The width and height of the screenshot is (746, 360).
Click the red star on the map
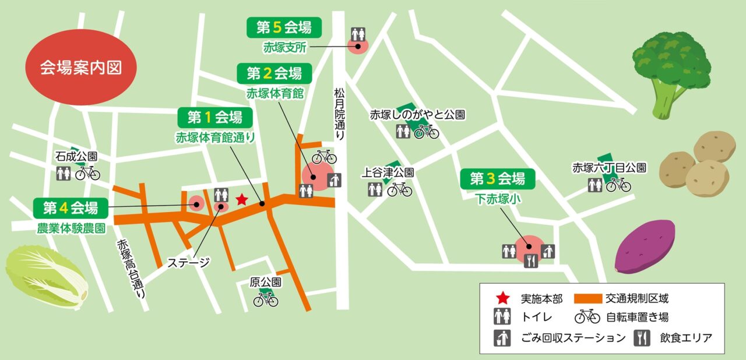tap(241, 200)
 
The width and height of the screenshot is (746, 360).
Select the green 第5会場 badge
tap(284, 27)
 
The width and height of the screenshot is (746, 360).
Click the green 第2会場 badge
tap(274, 73)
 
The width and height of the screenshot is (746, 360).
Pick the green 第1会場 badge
tap(214, 118)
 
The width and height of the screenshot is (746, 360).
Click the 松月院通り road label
tap(339, 113)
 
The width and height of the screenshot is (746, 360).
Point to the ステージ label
tap(188, 262)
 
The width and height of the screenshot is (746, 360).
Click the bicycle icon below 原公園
tap(266, 299)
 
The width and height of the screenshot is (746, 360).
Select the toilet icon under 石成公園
tap(64, 173)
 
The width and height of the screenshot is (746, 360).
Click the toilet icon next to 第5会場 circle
tap(358, 34)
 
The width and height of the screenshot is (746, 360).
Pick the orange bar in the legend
tap(596, 299)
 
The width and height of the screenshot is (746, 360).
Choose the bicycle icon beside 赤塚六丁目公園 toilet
tap(618, 185)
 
